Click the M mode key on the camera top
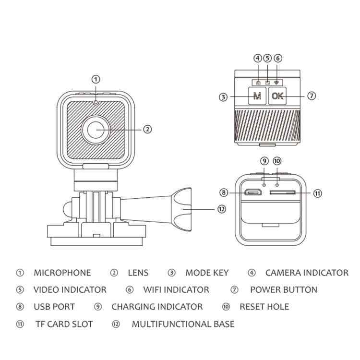click(x=257, y=96)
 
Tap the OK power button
click(x=277, y=96)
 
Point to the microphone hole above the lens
click(x=96, y=102)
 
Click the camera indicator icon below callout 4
click(x=258, y=83)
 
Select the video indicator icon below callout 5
click(x=267, y=83)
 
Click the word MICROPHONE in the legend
click(x=62, y=273)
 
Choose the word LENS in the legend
click(x=138, y=273)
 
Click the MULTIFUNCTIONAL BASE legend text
click(x=183, y=324)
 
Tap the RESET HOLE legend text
click(x=264, y=307)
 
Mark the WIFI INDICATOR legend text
click(x=176, y=290)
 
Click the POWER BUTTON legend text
click(x=283, y=290)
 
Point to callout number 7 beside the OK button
click(x=312, y=96)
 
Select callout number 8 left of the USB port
click(x=223, y=193)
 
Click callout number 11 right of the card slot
click(x=317, y=193)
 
